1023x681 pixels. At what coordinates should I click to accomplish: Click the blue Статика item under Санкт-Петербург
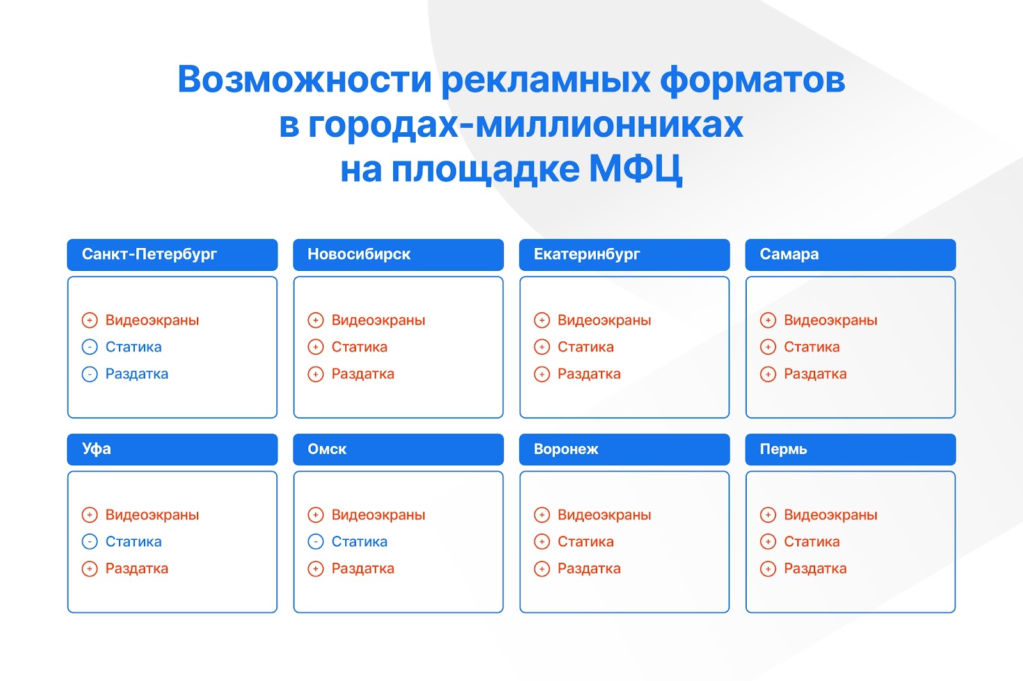(134, 347)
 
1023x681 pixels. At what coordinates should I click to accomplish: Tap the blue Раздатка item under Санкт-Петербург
(137, 374)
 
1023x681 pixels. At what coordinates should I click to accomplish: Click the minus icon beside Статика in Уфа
(90, 542)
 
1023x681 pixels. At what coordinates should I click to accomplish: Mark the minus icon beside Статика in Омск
(316, 542)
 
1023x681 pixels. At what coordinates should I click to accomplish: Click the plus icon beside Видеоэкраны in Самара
(768, 321)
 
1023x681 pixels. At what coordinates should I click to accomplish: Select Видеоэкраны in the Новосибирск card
(378, 321)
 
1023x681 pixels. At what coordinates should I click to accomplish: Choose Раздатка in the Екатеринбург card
(589, 374)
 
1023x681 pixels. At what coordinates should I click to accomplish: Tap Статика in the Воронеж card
(586, 542)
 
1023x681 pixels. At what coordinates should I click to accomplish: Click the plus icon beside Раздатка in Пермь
(768, 569)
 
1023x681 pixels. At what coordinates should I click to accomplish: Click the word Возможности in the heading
(304, 79)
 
